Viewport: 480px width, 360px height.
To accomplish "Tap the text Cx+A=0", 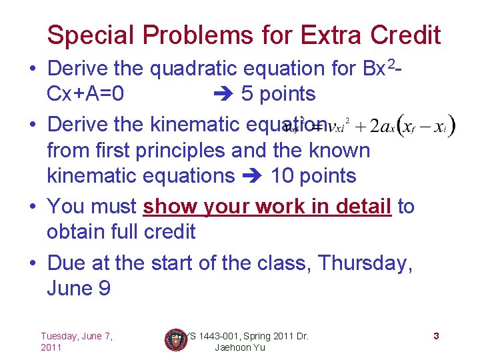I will point(85,94).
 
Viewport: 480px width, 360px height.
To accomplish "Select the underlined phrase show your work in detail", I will point(267,207).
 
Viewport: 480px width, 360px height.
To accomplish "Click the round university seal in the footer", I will point(175,340).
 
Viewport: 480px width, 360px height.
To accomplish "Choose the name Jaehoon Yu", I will point(241,347).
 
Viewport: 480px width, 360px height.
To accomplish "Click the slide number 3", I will point(435,336).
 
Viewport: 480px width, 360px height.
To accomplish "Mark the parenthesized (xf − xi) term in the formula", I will point(427,126).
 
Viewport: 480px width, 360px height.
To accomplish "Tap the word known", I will point(340,151).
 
